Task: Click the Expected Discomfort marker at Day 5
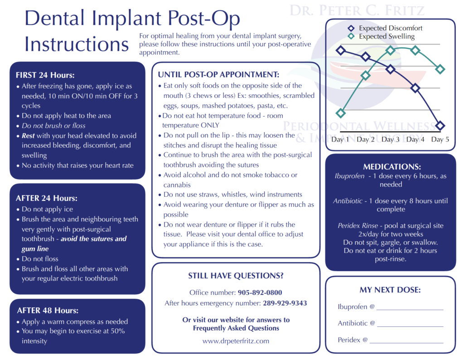(x=440, y=126)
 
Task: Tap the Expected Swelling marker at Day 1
(x=341, y=113)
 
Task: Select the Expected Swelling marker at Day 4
(x=415, y=50)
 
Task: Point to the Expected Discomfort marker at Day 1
(x=341, y=50)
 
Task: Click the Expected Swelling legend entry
(x=387, y=36)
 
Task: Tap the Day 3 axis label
(x=390, y=139)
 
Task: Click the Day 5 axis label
(x=440, y=139)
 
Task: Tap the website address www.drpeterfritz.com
(x=236, y=341)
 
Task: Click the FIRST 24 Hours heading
(x=45, y=75)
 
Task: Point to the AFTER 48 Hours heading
(x=48, y=311)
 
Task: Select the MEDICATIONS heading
(x=392, y=167)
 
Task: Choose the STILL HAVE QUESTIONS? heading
(x=236, y=276)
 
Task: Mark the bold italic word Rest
(x=29, y=136)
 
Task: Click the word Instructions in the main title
(x=77, y=44)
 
